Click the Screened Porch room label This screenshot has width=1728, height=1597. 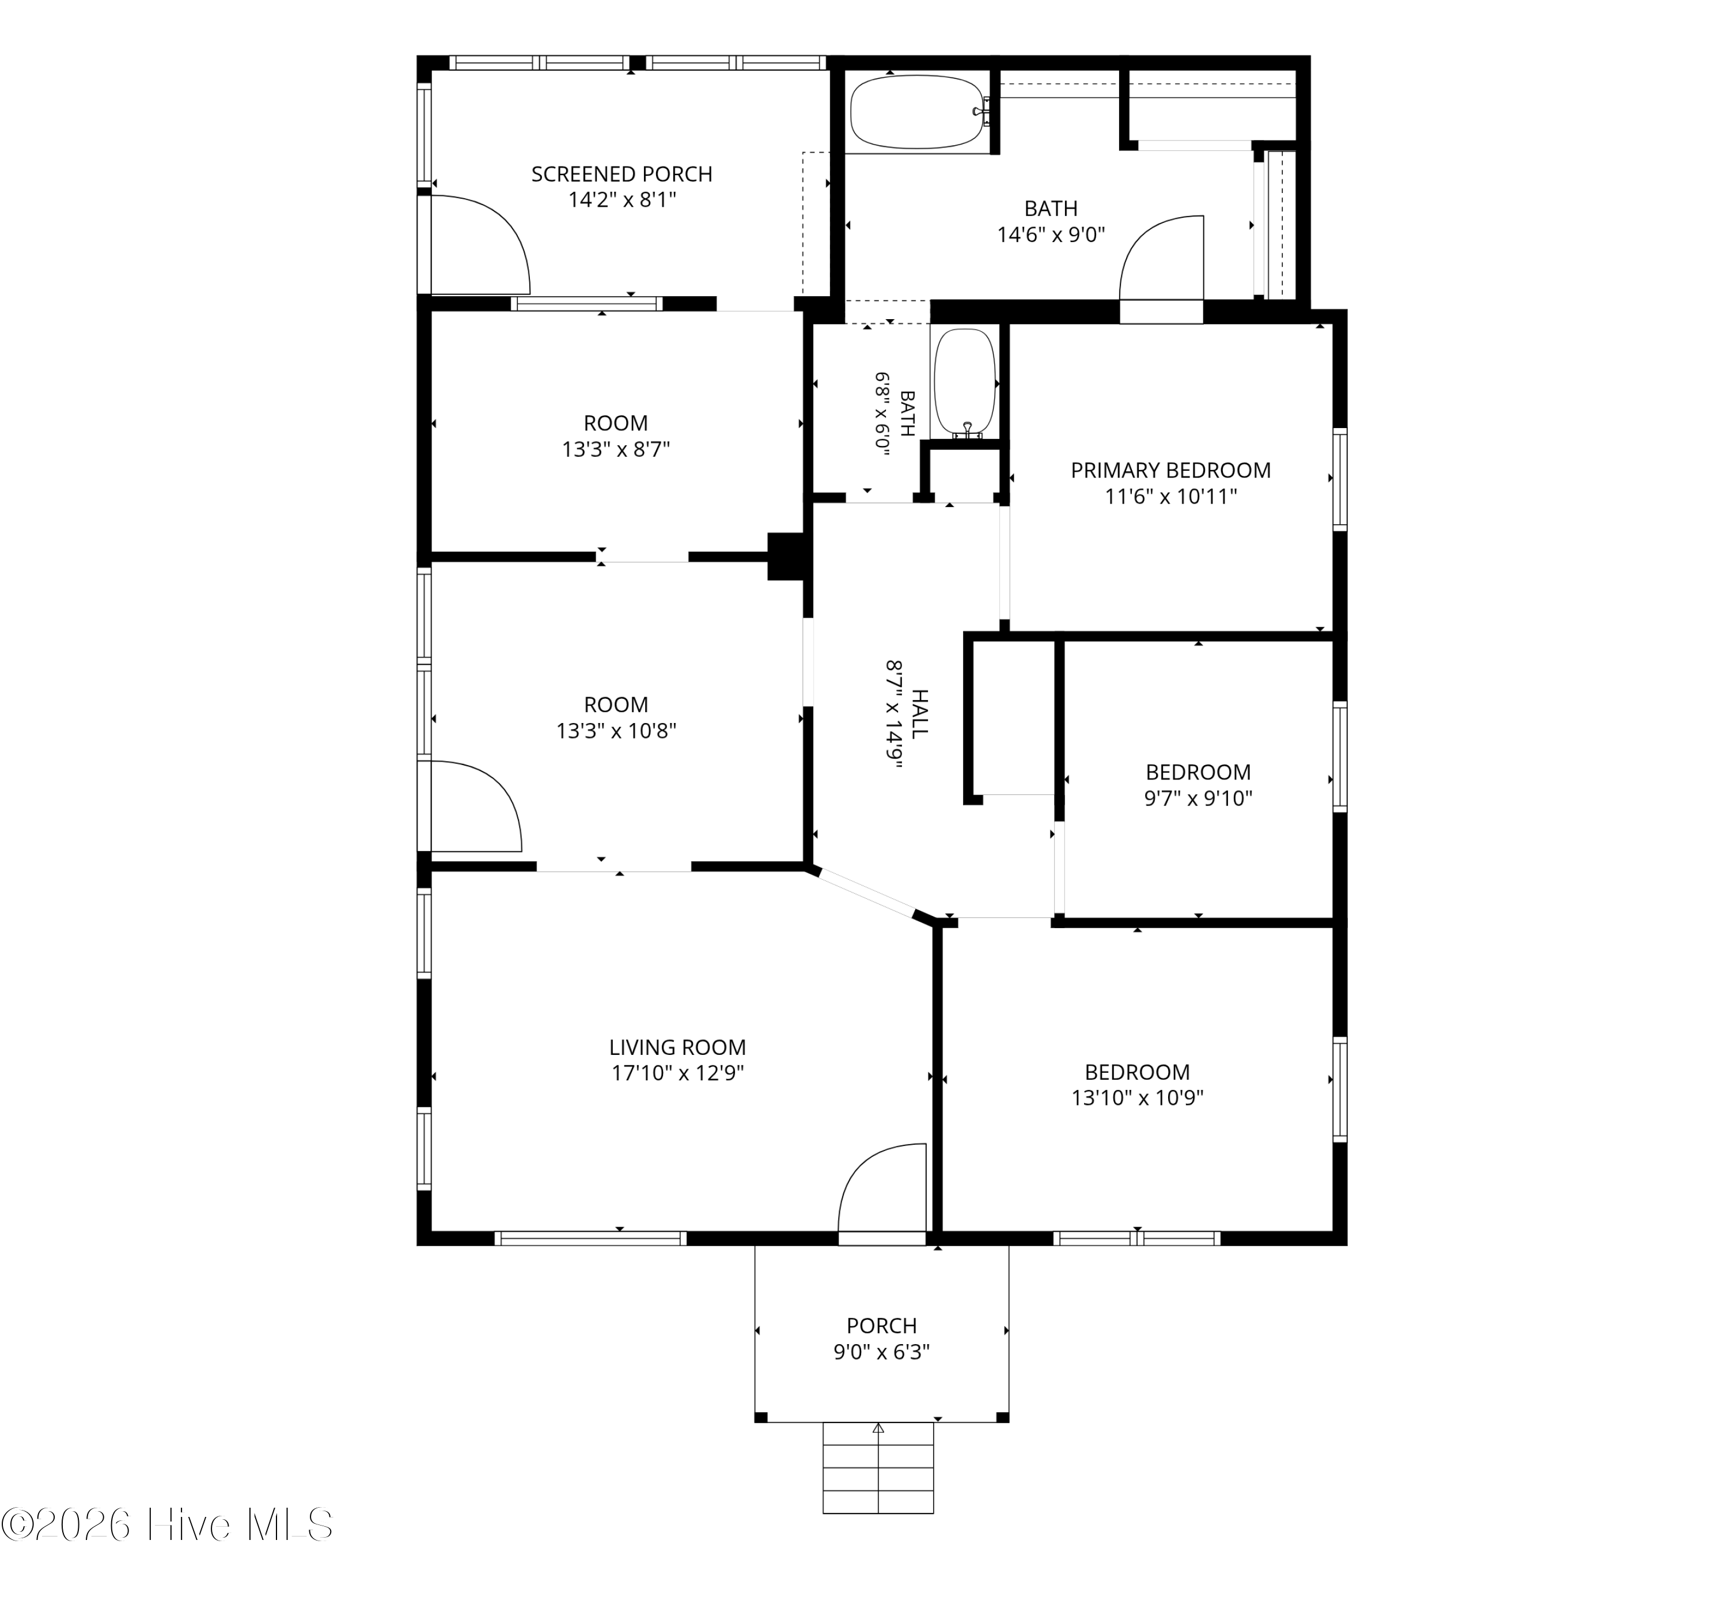tap(621, 174)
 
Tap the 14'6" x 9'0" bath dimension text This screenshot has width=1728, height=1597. tap(1051, 234)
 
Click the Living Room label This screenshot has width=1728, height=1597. tap(677, 1047)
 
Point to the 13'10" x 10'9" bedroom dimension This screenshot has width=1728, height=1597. tap(1137, 1098)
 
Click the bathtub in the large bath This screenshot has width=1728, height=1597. tap(918, 112)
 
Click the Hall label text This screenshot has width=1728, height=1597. tap(920, 714)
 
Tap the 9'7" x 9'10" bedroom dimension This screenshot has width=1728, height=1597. tap(1198, 797)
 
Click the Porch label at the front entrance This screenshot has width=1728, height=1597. tap(881, 1325)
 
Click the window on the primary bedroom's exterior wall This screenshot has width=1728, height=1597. tap(1340, 479)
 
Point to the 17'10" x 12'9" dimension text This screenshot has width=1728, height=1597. tap(677, 1073)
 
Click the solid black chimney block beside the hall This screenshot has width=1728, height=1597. tap(786, 555)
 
